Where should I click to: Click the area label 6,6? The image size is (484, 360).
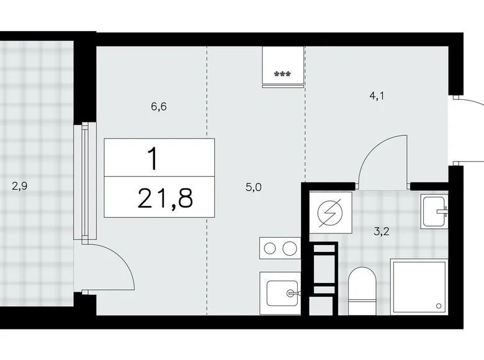pyautogui.click(x=158, y=107)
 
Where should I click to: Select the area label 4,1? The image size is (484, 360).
pyautogui.click(x=377, y=96)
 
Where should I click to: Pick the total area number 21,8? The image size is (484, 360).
pyautogui.click(x=166, y=199)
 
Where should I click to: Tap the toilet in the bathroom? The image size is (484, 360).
pyautogui.click(x=361, y=289)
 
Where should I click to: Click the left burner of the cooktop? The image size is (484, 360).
pyautogui.click(x=270, y=248)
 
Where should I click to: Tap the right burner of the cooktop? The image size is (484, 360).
pyautogui.click(x=290, y=248)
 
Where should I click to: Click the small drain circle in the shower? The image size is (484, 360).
pyautogui.click(x=439, y=305)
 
